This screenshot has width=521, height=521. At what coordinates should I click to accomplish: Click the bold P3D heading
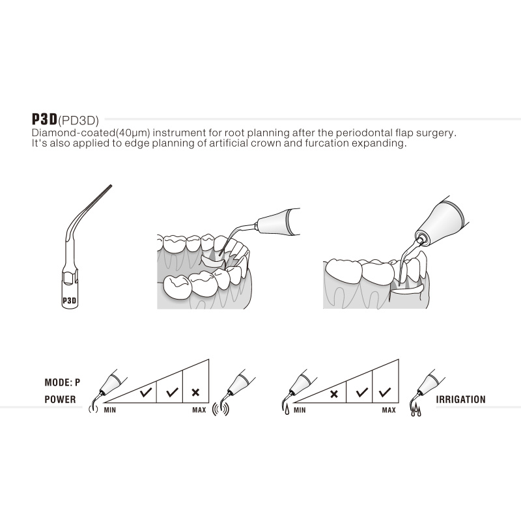click(x=44, y=119)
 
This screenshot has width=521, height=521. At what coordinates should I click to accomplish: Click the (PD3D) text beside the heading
click(x=78, y=120)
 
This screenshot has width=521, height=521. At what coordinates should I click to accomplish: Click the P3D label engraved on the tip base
click(x=70, y=301)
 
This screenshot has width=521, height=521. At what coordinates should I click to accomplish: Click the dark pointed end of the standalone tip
click(x=111, y=186)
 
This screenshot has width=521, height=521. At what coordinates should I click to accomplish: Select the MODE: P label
click(x=63, y=382)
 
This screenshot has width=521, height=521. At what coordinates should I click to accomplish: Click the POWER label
click(x=60, y=399)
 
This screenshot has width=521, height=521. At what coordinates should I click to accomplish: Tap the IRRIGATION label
click(x=461, y=399)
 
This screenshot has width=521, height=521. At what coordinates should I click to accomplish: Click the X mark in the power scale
click(x=196, y=393)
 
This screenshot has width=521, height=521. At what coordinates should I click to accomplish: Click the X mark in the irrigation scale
click(x=334, y=395)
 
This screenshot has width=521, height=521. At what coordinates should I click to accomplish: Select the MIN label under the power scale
click(x=110, y=410)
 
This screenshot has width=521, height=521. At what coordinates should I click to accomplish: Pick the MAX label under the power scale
click(x=199, y=410)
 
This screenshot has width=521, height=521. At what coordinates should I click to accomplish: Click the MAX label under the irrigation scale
click(x=389, y=410)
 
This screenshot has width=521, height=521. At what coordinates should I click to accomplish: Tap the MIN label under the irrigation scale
click(x=300, y=410)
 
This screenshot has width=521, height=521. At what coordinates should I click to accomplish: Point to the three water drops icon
click(x=416, y=412)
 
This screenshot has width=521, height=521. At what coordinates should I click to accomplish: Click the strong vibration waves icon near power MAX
click(x=221, y=409)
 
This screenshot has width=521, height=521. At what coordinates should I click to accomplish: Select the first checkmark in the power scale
click(x=146, y=393)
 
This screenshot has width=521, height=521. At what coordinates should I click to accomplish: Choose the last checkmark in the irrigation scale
click(x=385, y=393)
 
